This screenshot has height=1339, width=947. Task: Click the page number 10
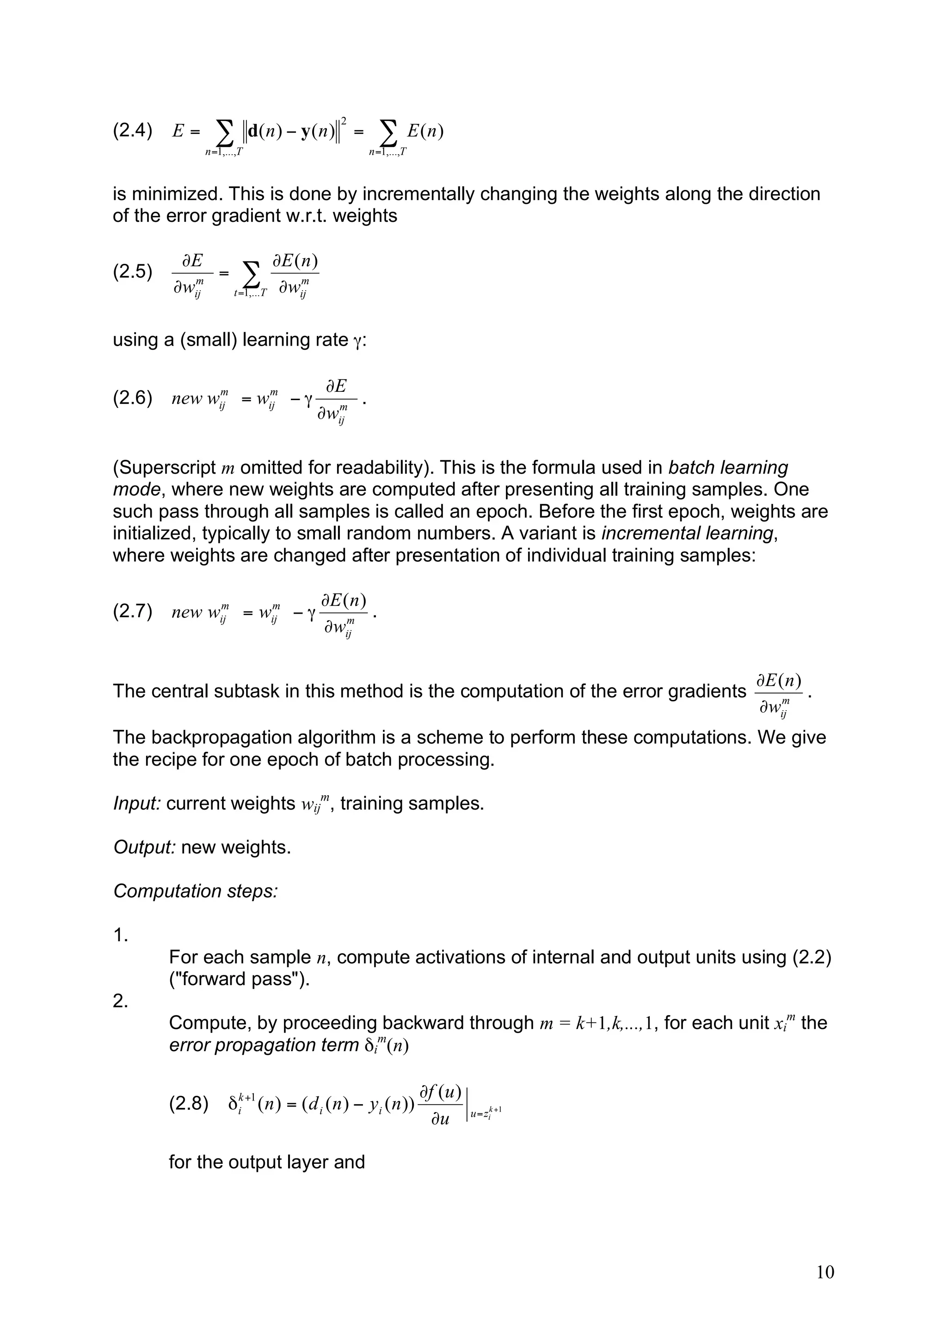(825, 1272)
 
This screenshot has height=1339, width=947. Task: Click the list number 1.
(120, 936)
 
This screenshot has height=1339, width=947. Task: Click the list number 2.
(120, 1001)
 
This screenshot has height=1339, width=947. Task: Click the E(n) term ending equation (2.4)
(425, 131)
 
